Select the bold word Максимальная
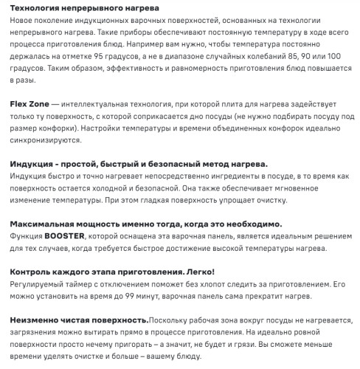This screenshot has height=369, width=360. (46, 223)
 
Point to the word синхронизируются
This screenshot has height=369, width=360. (49, 139)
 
